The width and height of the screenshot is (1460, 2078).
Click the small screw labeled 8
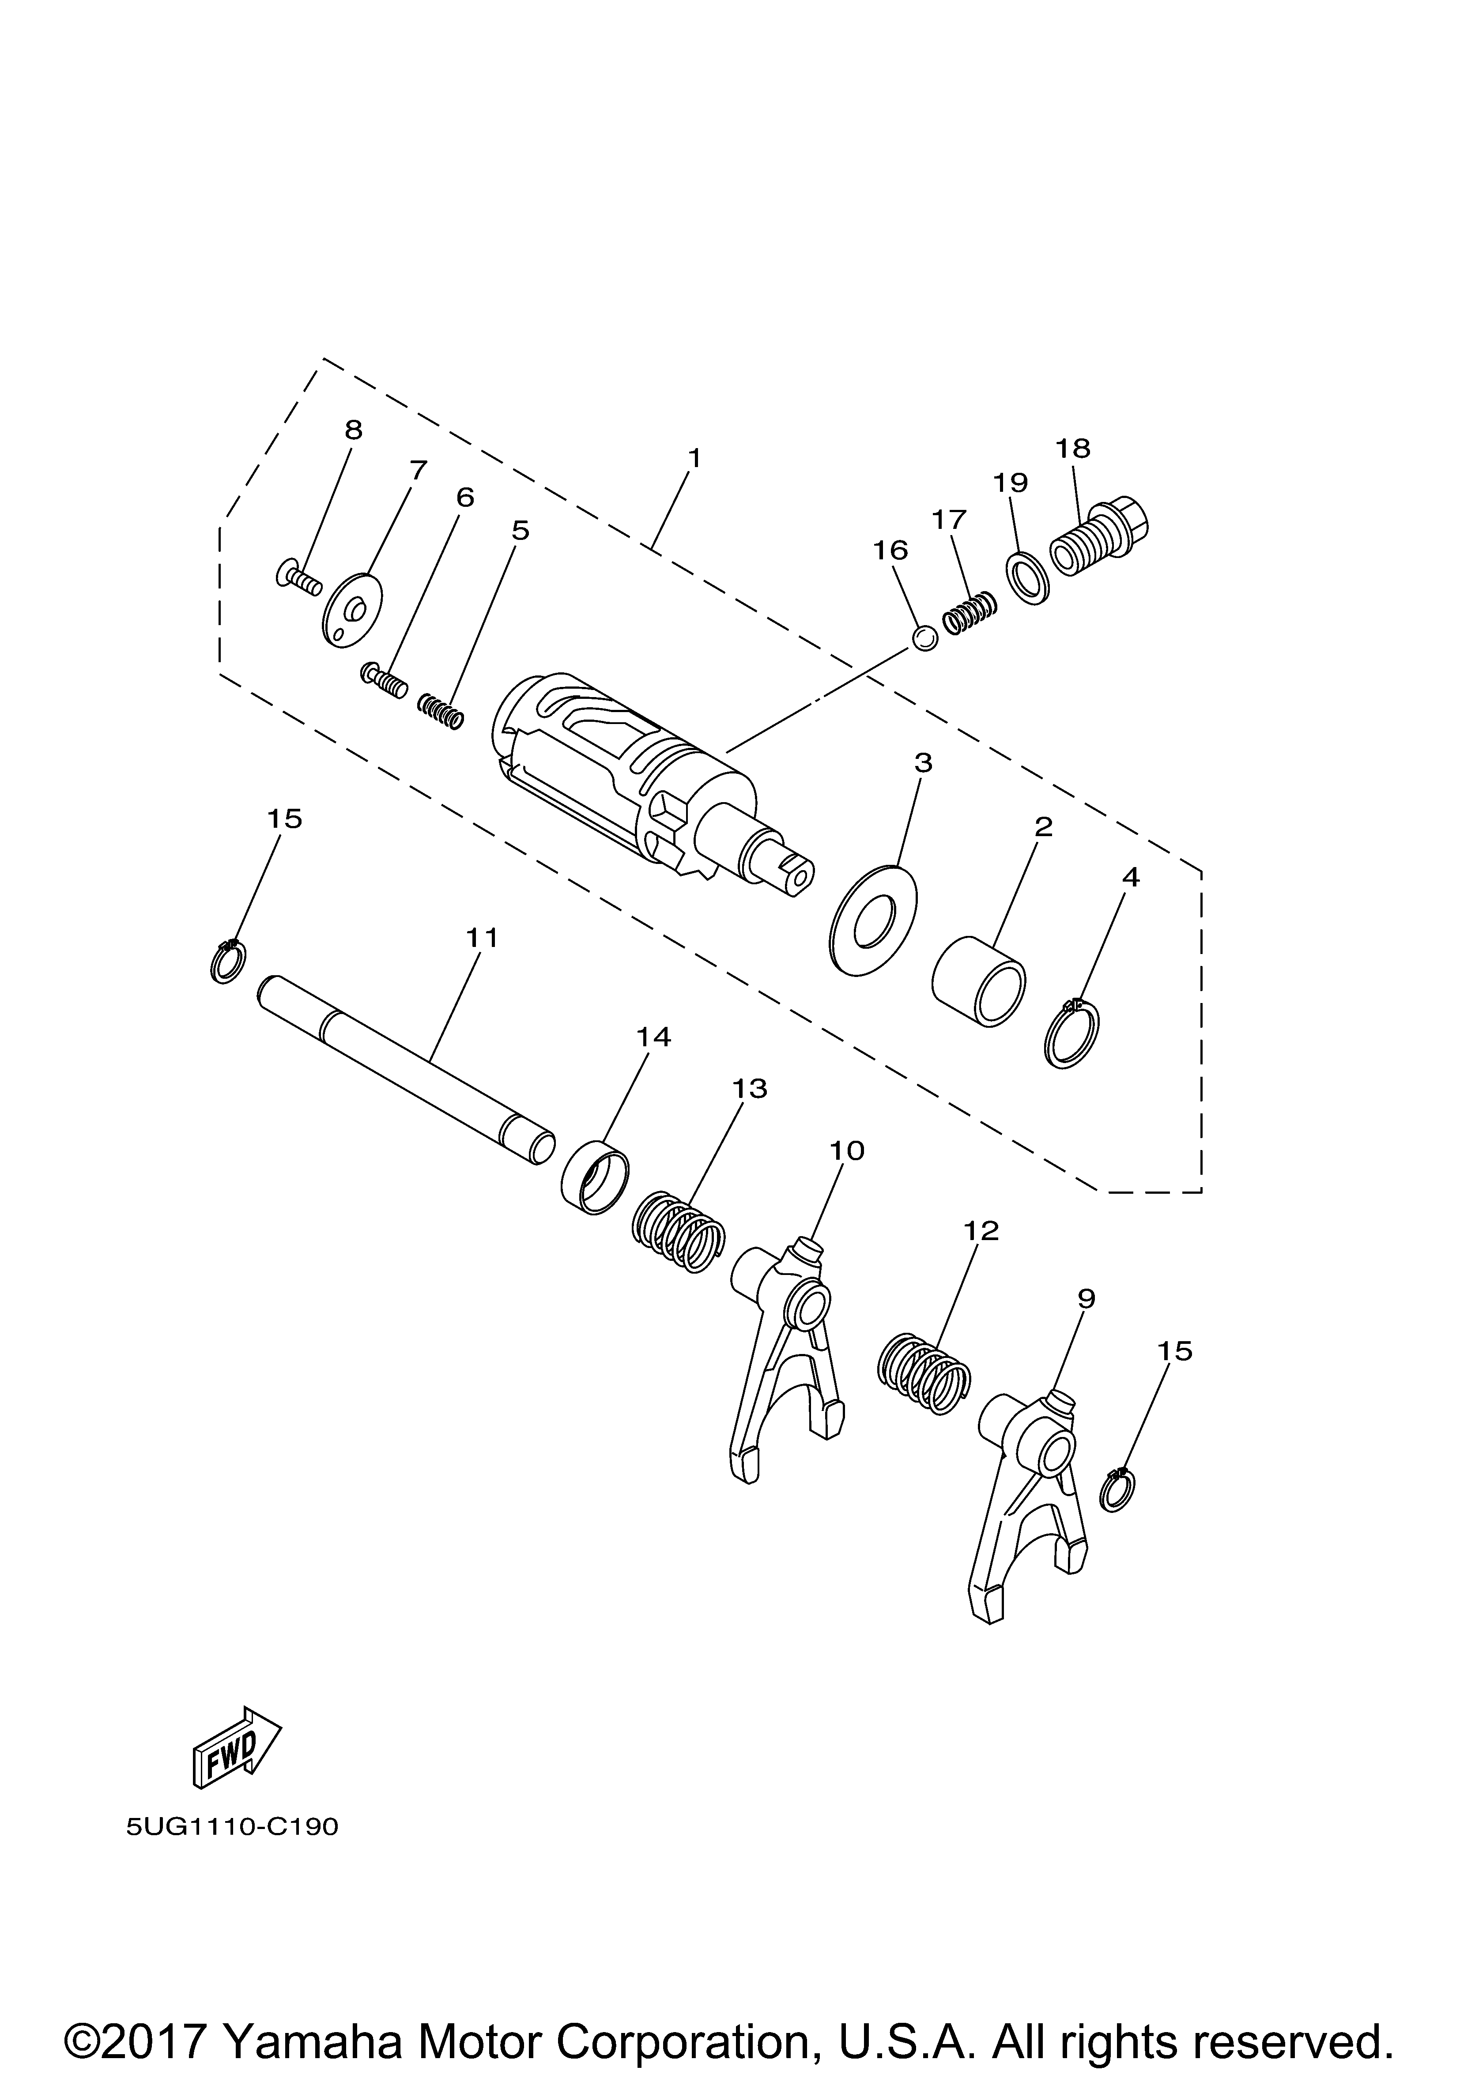click(x=298, y=577)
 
